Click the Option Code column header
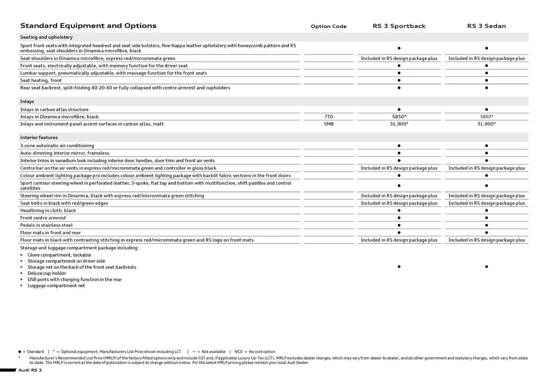[x=328, y=26]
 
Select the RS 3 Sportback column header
[x=399, y=26]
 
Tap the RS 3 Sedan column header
[x=486, y=26]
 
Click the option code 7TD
[x=328, y=117]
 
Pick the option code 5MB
[x=328, y=124]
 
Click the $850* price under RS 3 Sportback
[x=399, y=117]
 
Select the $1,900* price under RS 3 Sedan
[x=486, y=124]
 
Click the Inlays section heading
[x=27, y=101]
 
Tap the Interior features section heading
[x=39, y=137]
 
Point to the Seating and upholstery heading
[x=46, y=37]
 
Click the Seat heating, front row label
[x=41, y=80]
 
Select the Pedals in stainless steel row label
[x=46, y=225]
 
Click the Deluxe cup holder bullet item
[x=47, y=273]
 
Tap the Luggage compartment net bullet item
[x=56, y=286]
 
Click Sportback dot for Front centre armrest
[x=399, y=218]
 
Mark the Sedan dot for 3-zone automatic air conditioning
[x=486, y=146]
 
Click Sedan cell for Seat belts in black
[x=486, y=203]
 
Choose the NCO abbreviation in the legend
[x=238, y=352]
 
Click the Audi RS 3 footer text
[x=30, y=370]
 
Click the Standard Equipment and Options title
[x=88, y=26]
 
